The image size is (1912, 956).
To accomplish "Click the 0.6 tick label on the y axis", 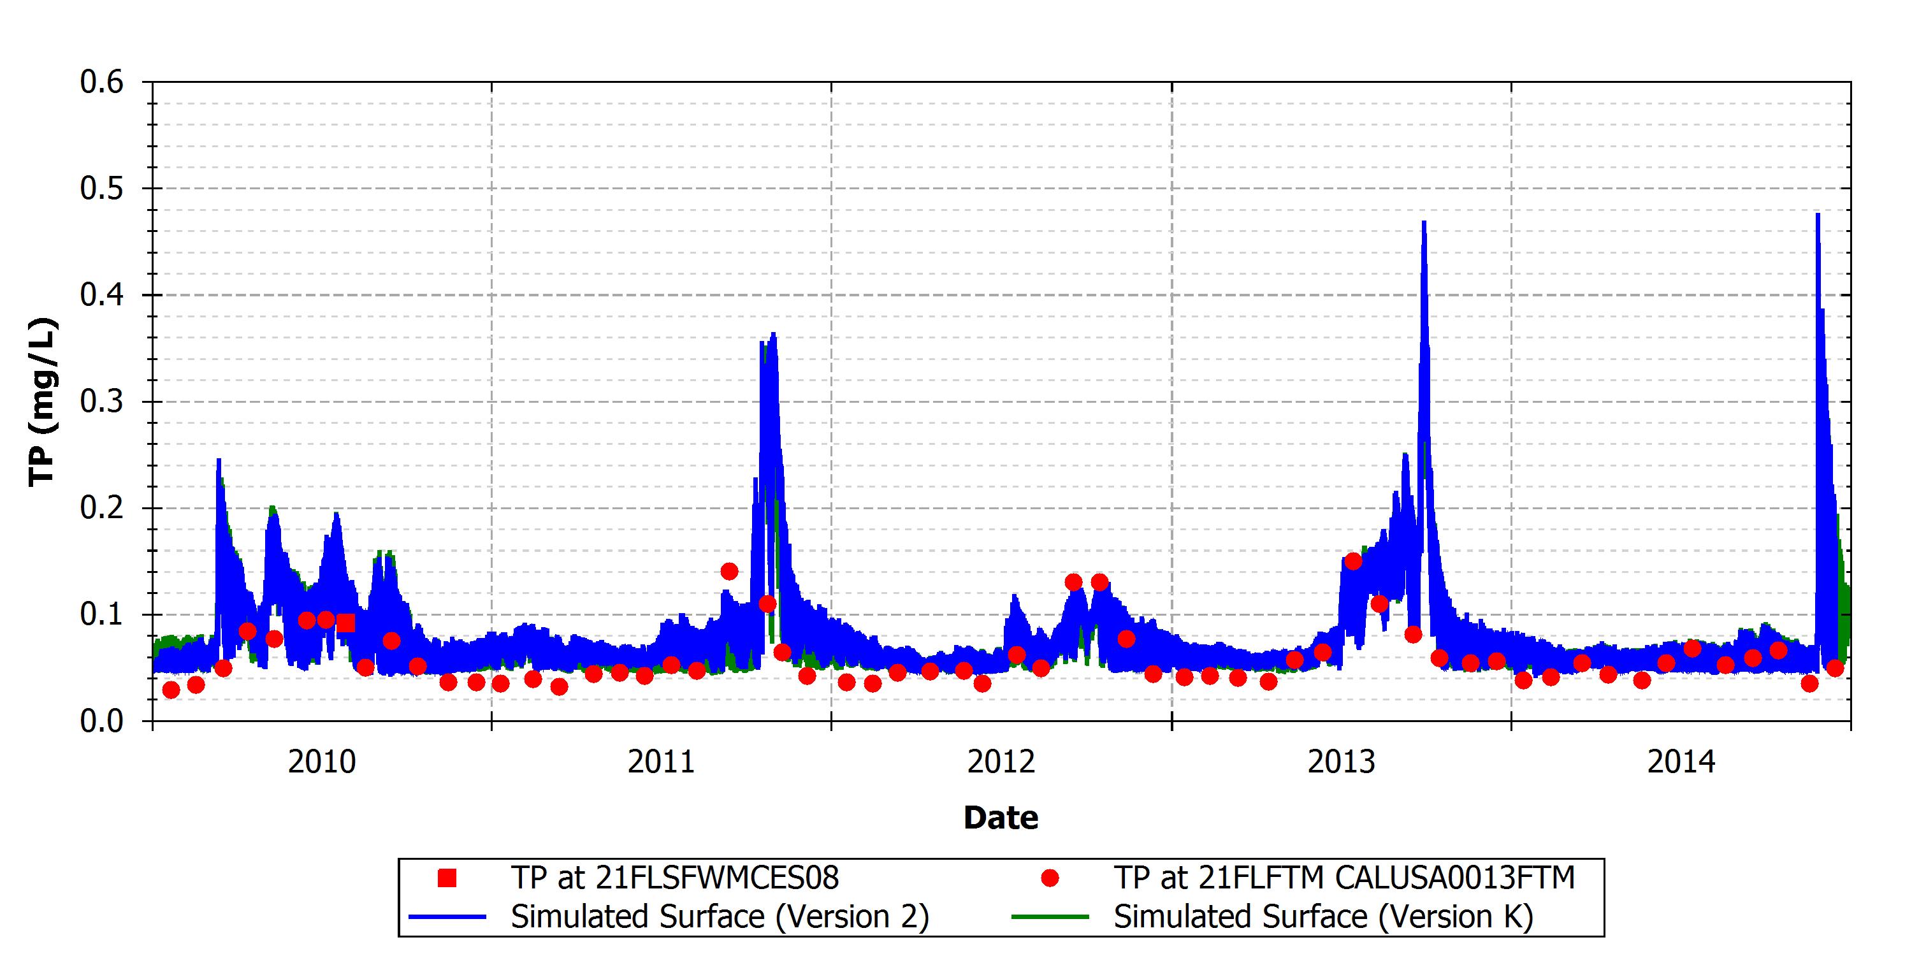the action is click(102, 82).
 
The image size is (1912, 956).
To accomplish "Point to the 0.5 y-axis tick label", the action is click(102, 189).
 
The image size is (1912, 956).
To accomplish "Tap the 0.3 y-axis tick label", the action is click(102, 402).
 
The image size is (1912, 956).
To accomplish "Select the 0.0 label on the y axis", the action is click(102, 721).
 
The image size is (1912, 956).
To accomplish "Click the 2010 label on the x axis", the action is click(322, 762).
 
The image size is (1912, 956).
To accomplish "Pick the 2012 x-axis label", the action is click(1001, 762).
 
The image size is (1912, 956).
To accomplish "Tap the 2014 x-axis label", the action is click(1682, 762).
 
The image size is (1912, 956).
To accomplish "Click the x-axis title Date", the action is click(1001, 818).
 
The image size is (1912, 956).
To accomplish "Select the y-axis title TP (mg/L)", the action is click(42, 402).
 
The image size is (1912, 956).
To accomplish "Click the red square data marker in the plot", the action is click(345, 623).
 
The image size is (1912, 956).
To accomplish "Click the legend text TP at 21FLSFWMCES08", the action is click(675, 878).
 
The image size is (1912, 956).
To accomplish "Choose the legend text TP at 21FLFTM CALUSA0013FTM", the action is click(1344, 878).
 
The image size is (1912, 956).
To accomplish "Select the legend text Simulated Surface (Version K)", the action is click(1323, 916).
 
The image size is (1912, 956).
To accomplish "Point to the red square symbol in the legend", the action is click(447, 878).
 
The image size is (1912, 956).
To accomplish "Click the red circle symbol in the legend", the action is click(1050, 878).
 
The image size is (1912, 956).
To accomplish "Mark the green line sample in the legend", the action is click(1050, 917).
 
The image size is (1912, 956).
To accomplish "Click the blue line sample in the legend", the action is click(447, 917).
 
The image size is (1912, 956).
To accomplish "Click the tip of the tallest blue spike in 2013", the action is click(1424, 221).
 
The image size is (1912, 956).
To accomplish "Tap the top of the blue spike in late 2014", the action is click(1818, 214).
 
